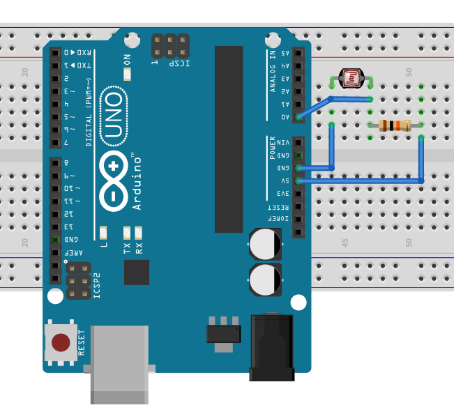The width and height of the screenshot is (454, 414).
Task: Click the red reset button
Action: [x=61, y=342]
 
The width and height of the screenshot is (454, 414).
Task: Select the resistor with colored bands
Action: [x=395, y=126]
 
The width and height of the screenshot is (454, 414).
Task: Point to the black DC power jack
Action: [x=273, y=348]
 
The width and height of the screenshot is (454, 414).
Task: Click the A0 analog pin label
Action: [x=285, y=117]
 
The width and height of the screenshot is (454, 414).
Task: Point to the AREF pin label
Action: [x=70, y=252]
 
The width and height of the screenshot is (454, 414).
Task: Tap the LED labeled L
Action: [x=103, y=232]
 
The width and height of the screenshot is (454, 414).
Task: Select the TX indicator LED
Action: [x=127, y=232]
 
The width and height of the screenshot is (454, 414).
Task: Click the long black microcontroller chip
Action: [x=229, y=139]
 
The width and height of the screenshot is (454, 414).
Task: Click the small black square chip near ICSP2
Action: [x=137, y=272]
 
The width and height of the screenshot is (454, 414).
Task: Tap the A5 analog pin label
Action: [x=285, y=53]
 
